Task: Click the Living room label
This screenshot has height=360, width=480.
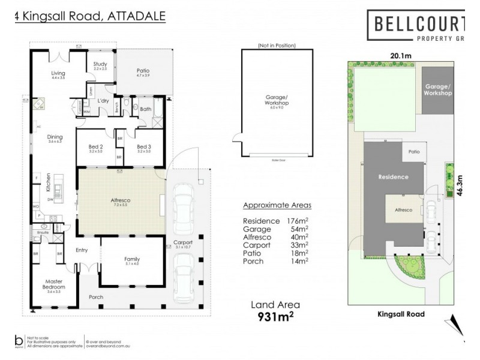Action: [58, 73]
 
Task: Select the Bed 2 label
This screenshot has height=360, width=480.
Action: [96, 146]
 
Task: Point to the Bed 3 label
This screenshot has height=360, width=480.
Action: [143, 146]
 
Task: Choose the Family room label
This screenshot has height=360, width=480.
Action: [131, 259]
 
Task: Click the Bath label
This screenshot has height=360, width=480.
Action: [146, 109]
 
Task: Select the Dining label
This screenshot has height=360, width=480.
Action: [55, 137]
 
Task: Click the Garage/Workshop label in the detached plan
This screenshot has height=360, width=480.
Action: [277, 100]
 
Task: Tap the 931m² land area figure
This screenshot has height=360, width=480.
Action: [275, 316]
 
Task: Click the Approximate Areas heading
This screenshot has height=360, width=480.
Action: [277, 205]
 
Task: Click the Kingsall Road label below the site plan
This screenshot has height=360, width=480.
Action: [401, 314]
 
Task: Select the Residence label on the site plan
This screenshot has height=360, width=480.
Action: [393, 177]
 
